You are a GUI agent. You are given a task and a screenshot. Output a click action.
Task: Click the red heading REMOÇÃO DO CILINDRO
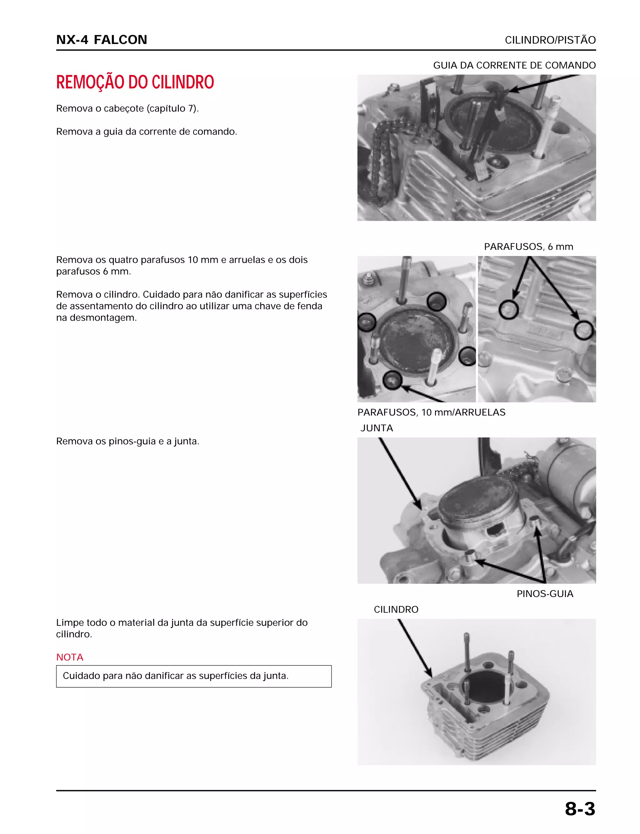pyautogui.click(x=135, y=82)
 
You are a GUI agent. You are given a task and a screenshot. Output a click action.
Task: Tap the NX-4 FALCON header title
pyautogui.click(x=102, y=40)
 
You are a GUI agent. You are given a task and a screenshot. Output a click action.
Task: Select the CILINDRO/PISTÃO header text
pyautogui.click(x=550, y=40)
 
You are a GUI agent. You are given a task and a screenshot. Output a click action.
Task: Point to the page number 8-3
pyautogui.click(x=580, y=809)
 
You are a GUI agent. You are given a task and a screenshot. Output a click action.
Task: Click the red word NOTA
pyautogui.click(x=70, y=657)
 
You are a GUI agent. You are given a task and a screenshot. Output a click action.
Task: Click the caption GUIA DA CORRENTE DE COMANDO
pyautogui.click(x=514, y=65)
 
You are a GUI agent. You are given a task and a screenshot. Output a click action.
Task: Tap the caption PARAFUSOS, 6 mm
pyautogui.click(x=528, y=247)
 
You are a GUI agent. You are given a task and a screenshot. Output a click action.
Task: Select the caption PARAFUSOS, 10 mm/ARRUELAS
pyautogui.click(x=431, y=412)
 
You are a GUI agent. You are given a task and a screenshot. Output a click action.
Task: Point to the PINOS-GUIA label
pyautogui.click(x=545, y=594)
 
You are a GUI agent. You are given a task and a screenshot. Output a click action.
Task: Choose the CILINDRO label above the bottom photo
pyautogui.click(x=396, y=609)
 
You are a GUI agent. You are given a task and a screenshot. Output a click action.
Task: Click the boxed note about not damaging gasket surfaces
pyautogui.click(x=193, y=676)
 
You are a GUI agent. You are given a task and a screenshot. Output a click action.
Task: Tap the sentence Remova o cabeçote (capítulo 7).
pyautogui.click(x=127, y=109)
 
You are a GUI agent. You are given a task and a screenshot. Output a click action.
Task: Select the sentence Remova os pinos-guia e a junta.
pyautogui.click(x=127, y=442)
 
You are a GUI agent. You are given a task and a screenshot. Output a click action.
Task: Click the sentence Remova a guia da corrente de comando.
pyautogui.click(x=147, y=132)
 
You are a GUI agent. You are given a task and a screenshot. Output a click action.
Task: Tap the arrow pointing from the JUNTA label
pyautogui.click(x=400, y=474)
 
